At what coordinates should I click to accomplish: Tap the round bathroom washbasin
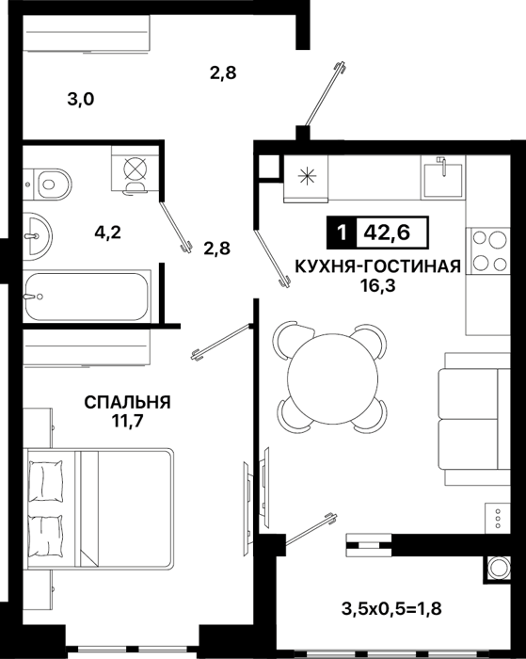click(x=37, y=235)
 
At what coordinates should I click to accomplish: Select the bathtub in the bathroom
click(x=87, y=297)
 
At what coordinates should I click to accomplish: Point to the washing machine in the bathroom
click(x=135, y=169)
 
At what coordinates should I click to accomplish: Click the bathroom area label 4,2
click(x=107, y=232)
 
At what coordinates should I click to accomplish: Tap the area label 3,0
click(x=81, y=100)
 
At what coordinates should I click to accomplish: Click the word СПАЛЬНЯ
click(x=127, y=402)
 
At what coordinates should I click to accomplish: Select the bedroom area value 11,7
click(x=128, y=420)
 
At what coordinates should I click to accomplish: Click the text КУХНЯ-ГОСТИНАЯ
click(x=378, y=266)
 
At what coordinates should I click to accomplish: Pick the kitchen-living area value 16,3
click(x=378, y=286)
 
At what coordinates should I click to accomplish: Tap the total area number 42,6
click(x=387, y=232)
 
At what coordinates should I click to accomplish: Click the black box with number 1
click(x=342, y=232)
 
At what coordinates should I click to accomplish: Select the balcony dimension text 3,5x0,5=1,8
click(x=391, y=608)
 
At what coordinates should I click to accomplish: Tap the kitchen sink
click(x=443, y=178)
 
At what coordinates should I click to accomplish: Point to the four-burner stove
click(x=489, y=251)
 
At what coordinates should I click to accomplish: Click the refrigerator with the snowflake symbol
click(x=306, y=177)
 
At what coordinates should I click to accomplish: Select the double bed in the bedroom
click(x=99, y=508)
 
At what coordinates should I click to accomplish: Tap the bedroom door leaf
click(x=221, y=341)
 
